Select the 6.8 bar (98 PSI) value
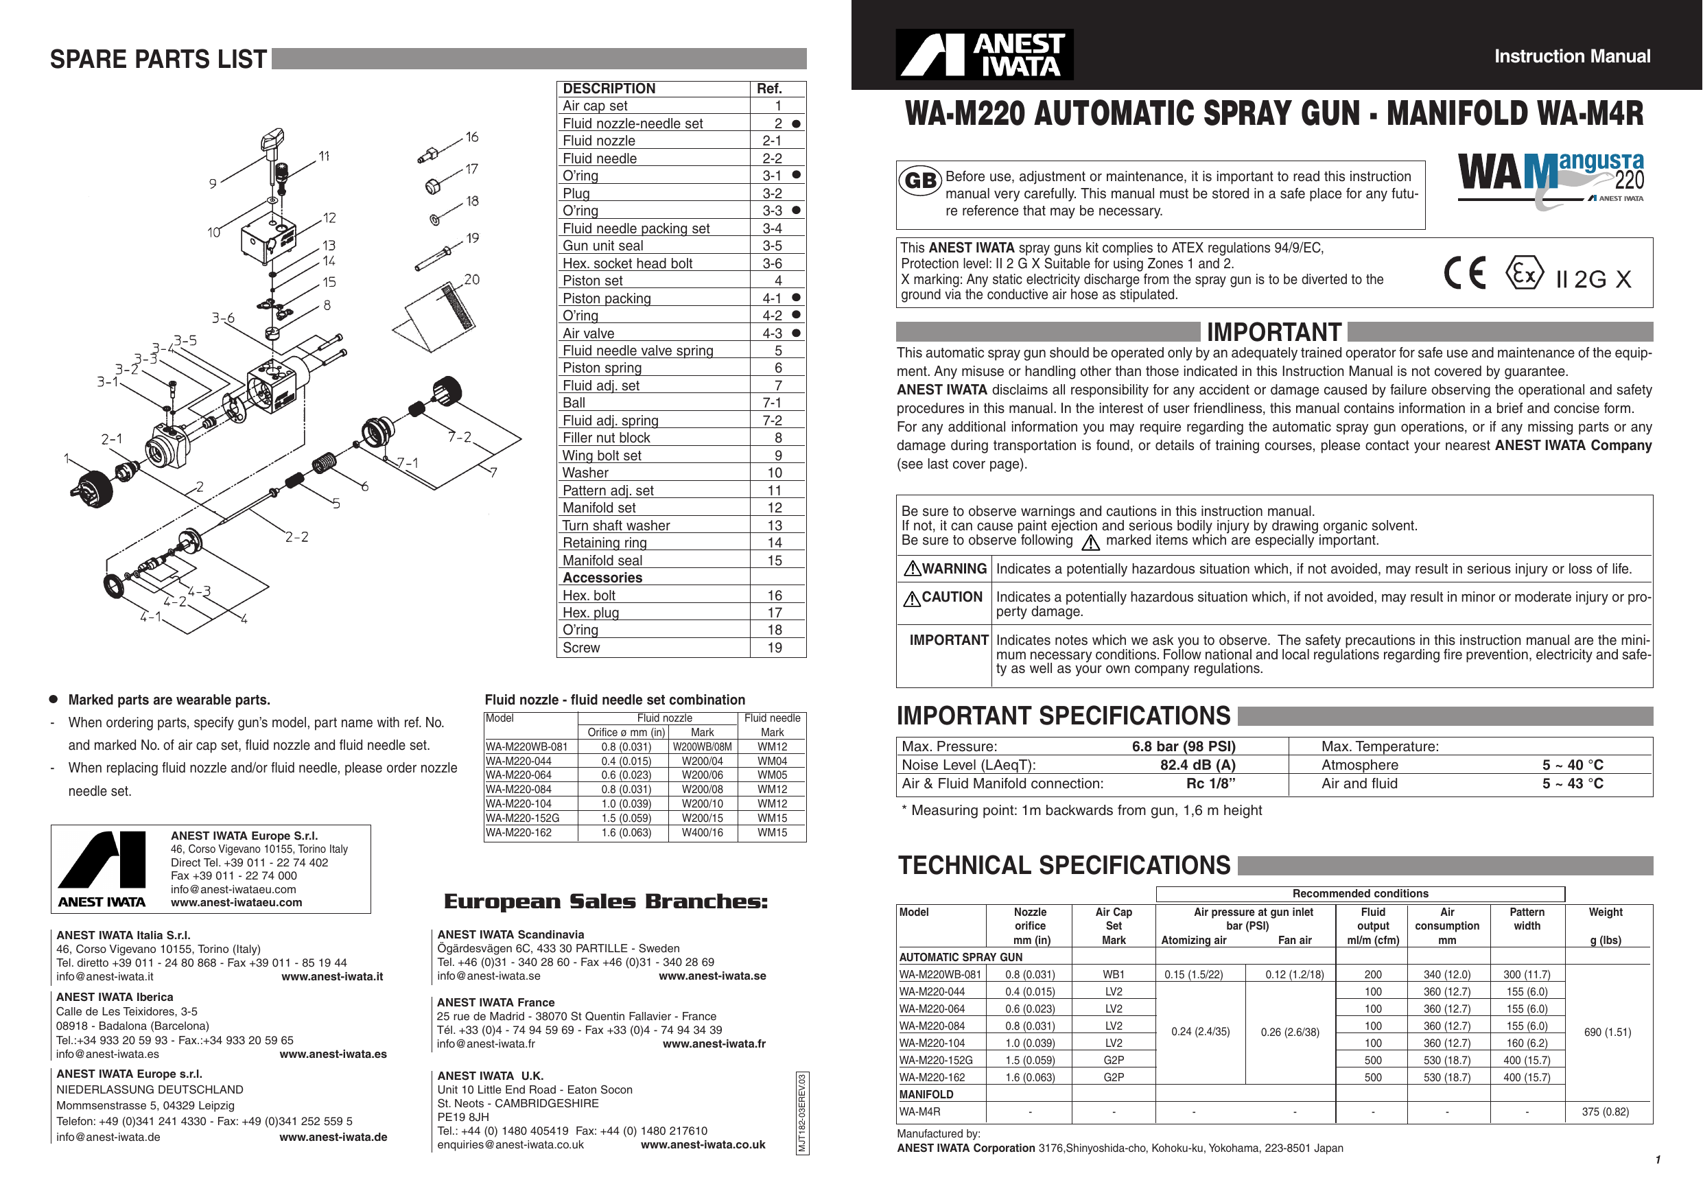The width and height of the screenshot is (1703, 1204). coord(1183,746)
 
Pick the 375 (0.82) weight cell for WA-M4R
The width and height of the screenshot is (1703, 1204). coord(1605,1111)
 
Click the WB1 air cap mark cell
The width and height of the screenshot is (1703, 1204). coord(1114,974)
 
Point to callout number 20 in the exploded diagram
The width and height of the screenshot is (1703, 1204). coord(472,280)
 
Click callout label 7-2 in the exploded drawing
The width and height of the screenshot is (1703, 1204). coord(459,437)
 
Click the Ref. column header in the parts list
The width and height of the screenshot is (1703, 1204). coord(769,88)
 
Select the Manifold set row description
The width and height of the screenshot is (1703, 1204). coord(598,508)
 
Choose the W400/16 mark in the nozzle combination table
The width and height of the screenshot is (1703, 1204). coord(702,832)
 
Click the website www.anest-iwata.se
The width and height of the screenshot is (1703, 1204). coord(712,976)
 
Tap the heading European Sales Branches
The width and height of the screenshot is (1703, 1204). coord(605,901)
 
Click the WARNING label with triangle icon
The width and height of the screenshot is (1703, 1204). coord(945,569)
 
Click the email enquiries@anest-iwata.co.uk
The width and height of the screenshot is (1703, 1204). coord(510,1144)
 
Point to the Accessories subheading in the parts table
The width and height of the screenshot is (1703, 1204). coord(602,578)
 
